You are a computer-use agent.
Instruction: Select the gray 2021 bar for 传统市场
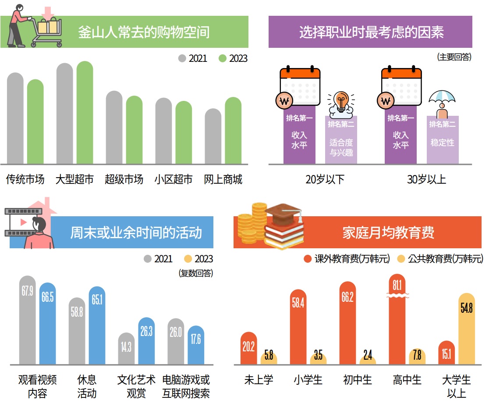[15, 118]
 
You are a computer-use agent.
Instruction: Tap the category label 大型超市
[74, 179]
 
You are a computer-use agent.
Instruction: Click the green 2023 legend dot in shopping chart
[223, 58]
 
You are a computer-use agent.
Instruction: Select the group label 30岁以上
[426, 179]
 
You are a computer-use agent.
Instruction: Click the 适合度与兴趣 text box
[341, 147]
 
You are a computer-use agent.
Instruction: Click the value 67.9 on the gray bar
[28, 291]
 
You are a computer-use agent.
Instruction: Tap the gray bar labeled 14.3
[126, 349]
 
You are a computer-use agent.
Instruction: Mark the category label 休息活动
[87, 386]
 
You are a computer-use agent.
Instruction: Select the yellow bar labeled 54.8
[467, 329]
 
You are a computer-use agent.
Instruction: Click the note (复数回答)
[196, 273]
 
